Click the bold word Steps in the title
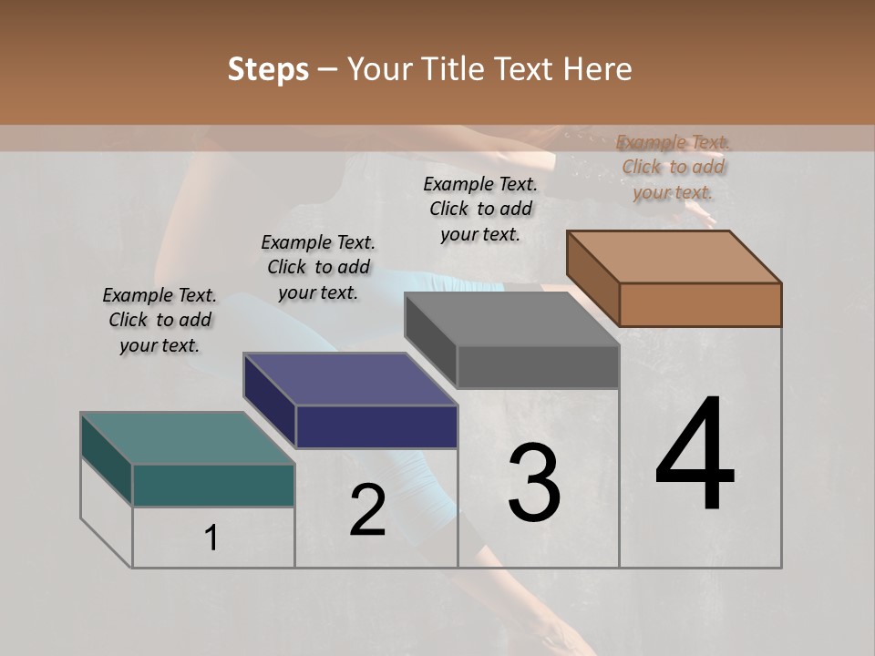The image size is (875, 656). [268, 69]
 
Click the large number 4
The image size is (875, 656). [695, 456]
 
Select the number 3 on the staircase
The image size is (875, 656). [533, 483]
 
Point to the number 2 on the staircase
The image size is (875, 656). [367, 510]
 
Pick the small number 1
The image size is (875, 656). [211, 538]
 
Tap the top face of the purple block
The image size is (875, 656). [350, 379]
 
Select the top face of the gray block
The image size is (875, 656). [511, 319]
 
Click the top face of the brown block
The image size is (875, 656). [674, 256]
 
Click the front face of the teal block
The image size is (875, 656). [213, 485]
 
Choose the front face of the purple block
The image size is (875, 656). [376, 426]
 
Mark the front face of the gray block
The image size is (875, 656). [538, 367]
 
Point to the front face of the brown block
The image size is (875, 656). [700, 304]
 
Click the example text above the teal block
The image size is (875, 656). [160, 320]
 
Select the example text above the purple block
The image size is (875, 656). [318, 267]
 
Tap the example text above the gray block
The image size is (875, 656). [480, 209]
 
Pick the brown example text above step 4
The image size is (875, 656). [673, 167]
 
